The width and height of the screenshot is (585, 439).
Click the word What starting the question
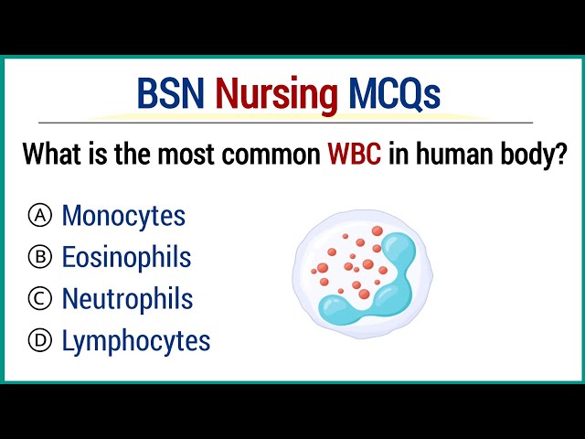pos(51,154)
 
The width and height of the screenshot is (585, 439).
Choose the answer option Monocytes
pos(123,217)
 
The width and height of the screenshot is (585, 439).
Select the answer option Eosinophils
pos(126,258)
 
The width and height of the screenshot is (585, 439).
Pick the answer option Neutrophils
pos(127,299)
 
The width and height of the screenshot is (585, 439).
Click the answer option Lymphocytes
pos(135,341)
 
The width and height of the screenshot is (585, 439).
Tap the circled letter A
pos(39,217)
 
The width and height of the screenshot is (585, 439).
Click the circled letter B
pos(39,258)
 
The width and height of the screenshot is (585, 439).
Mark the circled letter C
pos(39,299)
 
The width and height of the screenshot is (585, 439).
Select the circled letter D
pos(39,341)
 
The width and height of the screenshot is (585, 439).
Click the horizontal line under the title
pos(292,122)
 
